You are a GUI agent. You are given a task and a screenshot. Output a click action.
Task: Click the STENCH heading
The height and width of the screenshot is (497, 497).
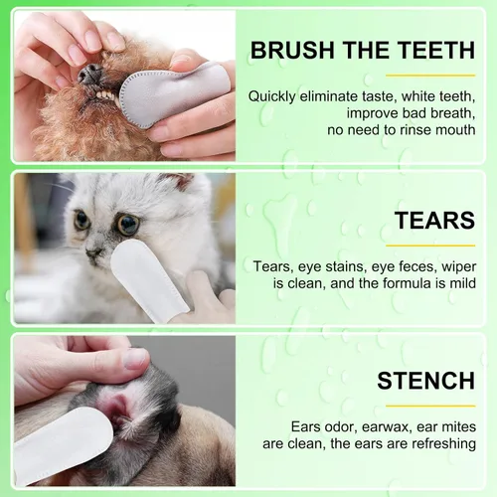click(426, 382)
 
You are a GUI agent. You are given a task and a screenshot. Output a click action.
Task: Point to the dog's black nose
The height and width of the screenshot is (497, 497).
click(89, 73)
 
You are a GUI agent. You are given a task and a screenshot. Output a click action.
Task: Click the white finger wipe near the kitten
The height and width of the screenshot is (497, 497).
click(138, 278)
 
